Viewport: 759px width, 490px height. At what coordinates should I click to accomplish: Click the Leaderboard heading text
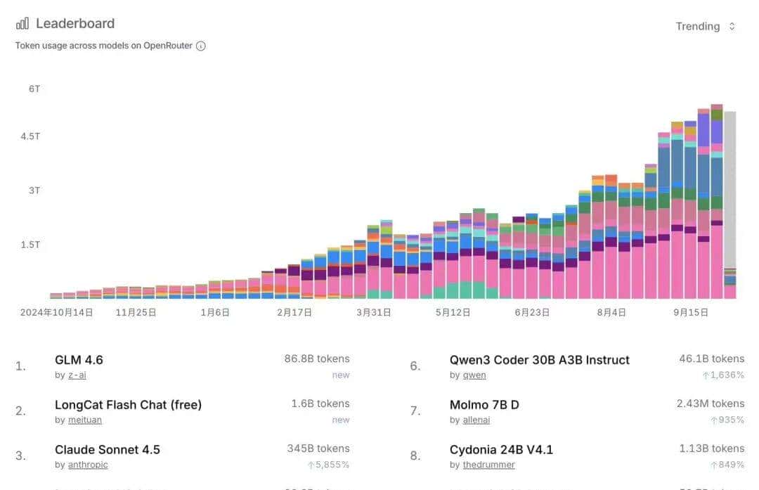74,23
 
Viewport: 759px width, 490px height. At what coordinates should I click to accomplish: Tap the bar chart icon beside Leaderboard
22,23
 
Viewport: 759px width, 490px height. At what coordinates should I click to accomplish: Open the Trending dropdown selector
705,26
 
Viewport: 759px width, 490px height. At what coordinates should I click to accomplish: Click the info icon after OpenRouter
201,46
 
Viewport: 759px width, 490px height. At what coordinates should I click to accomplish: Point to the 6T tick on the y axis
34,89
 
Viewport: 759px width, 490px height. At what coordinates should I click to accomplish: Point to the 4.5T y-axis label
30,136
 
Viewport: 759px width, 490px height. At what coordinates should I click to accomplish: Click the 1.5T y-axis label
30,245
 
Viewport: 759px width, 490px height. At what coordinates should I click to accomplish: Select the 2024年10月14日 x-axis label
56,312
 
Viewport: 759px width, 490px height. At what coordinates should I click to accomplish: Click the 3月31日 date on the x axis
373,312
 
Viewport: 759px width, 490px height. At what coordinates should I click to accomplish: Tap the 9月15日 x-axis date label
690,312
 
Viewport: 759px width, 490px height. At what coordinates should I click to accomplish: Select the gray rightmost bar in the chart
730,190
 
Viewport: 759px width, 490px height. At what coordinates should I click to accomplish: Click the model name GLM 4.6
79,360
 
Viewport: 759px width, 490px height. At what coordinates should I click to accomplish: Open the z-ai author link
77,375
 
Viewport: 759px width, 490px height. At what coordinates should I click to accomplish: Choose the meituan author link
85,420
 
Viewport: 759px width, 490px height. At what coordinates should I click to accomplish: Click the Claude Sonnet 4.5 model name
108,450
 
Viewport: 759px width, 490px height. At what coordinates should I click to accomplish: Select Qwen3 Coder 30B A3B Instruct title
539,360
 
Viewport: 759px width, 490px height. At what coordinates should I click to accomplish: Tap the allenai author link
476,420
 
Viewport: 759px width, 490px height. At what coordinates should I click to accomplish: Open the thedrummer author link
489,465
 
